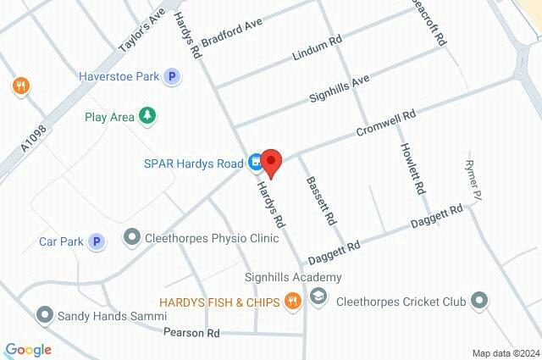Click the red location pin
(x=270, y=160)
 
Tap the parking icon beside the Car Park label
(x=97, y=242)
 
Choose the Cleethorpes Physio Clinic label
(x=212, y=239)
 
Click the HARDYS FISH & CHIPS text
(x=219, y=301)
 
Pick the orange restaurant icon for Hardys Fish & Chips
(x=292, y=300)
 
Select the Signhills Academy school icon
(x=318, y=298)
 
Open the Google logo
(x=28, y=349)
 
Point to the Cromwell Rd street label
(x=385, y=124)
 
